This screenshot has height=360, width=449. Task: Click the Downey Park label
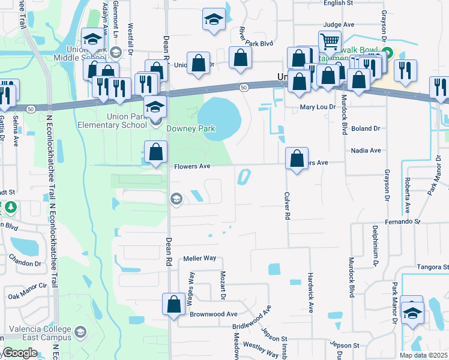click(190, 128)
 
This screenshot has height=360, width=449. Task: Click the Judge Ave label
click(339, 25)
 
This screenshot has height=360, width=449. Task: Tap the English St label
click(338, 3)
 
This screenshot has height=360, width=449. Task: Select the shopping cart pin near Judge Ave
click(330, 41)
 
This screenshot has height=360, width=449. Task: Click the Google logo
click(19, 353)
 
